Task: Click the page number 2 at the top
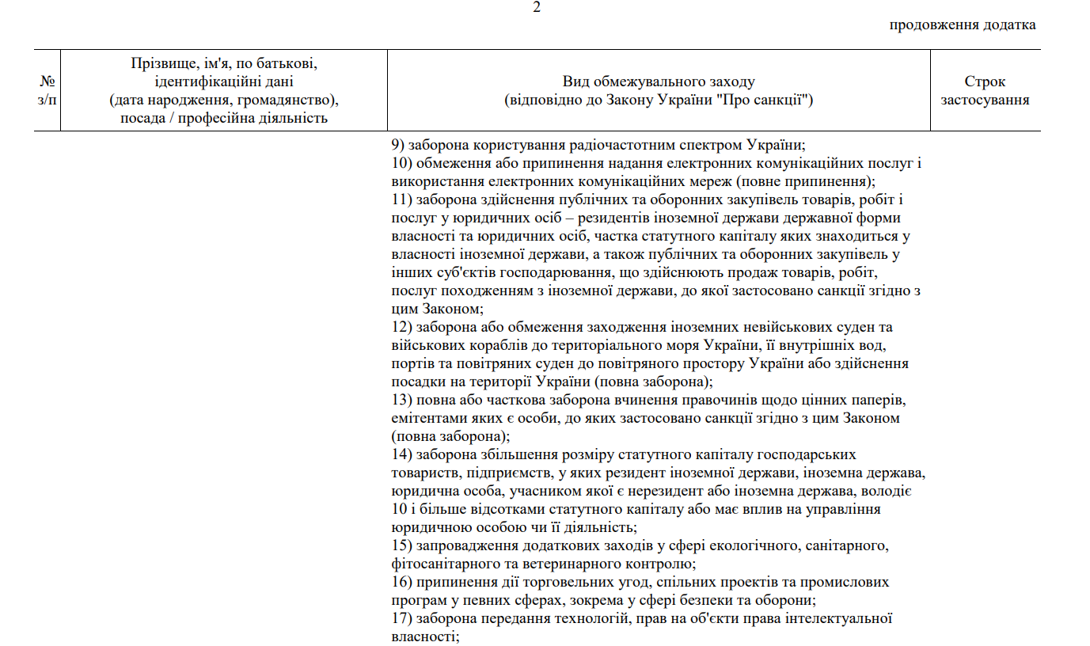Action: coord(537,8)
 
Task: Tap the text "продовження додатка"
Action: coord(963,25)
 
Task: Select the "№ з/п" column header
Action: coord(47,91)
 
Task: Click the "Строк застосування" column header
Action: coord(985,91)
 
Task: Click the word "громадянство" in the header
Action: coord(275,101)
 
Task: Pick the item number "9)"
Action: coord(398,146)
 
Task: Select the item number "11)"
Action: coord(401,200)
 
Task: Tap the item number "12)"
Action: coord(401,328)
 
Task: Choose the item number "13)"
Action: coord(401,401)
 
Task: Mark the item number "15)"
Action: coord(401,546)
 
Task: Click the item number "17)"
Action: coord(401,619)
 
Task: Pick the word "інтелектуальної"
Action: coord(846,619)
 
